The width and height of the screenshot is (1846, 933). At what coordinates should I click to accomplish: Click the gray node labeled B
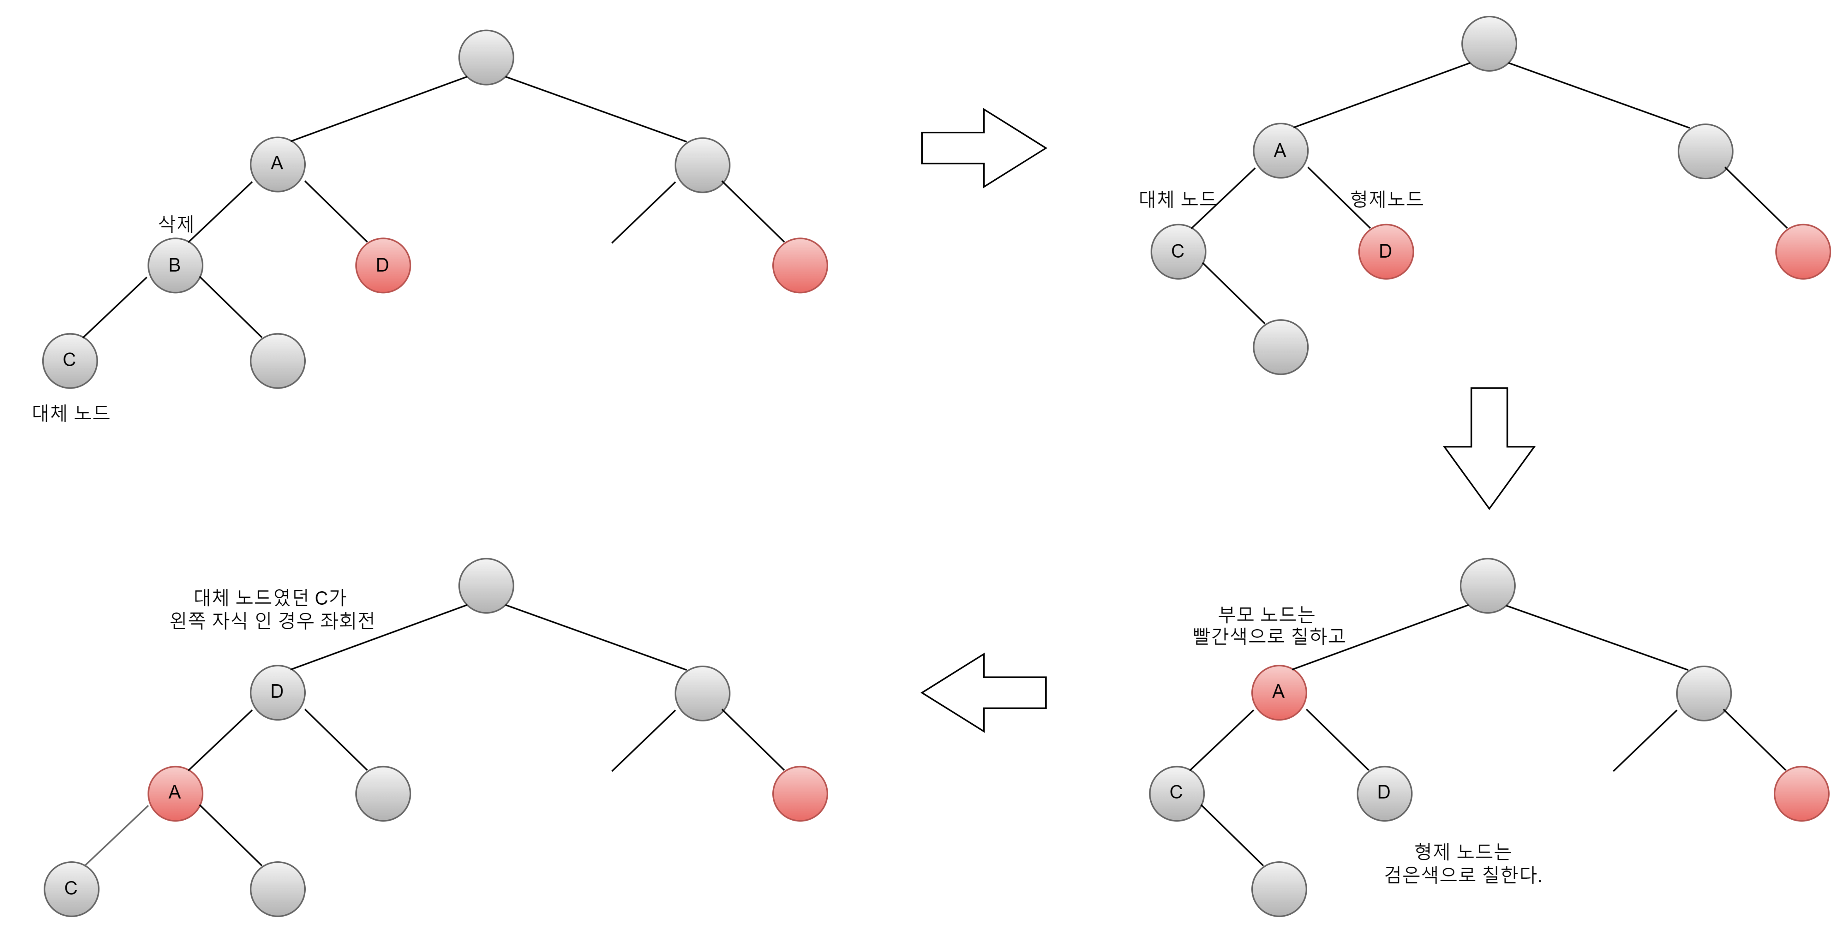[175, 265]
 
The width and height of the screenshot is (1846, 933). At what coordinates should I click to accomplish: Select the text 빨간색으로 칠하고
[1268, 636]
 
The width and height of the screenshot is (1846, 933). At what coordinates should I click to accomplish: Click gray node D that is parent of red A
[277, 692]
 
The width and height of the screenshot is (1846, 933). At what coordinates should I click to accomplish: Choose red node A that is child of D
[175, 793]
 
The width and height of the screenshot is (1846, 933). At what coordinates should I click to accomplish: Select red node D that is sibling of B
[383, 265]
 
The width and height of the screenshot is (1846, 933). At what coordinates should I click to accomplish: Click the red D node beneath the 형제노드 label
[1385, 252]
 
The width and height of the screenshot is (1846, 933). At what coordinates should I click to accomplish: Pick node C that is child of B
[69, 361]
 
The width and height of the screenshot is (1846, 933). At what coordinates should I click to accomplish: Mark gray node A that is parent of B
[277, 164]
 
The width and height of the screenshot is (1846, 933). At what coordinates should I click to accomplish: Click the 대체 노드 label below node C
[71, 413]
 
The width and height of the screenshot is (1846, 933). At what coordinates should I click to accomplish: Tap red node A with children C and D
[1279, 692]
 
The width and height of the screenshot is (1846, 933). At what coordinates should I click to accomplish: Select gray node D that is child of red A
[1384, 793]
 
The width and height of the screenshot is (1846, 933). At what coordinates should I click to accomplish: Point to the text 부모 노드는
[1266, 613]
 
